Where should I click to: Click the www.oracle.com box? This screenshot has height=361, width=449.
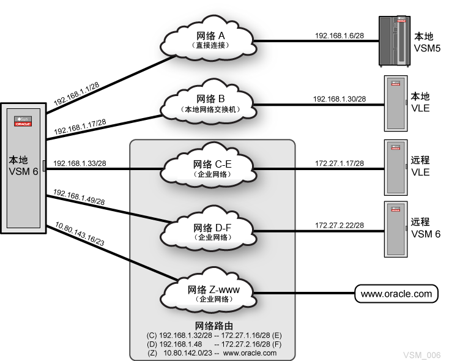[396, 294]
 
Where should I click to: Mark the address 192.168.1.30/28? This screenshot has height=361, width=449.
[339, 99]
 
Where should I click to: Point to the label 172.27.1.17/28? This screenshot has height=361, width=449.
[339, 163]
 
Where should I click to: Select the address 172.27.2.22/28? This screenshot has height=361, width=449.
[339, 225]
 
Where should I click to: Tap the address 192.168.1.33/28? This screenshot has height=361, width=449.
[80, 163]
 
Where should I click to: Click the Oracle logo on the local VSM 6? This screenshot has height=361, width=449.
[23, 123]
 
